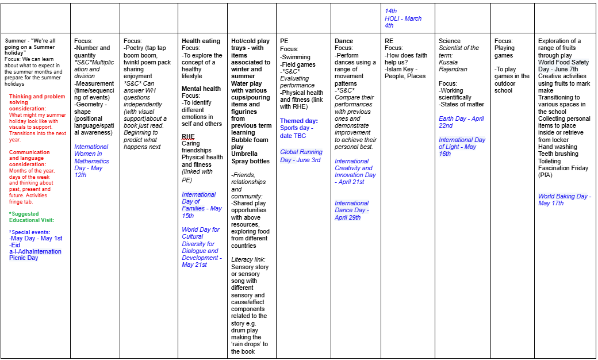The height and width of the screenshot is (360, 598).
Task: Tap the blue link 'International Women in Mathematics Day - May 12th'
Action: (x=91, y=161)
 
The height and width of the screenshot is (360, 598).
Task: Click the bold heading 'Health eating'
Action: (x=201, y=41)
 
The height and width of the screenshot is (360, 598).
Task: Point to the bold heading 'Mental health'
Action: (x=201, y=89)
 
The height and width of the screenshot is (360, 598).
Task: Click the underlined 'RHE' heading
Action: (x=188, y=137)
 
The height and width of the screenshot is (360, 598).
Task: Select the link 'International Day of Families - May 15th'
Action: (x=201, y=201)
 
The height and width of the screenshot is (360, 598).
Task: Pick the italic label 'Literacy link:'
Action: (x=248, y=260)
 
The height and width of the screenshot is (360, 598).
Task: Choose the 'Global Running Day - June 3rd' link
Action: (x=301, y=156)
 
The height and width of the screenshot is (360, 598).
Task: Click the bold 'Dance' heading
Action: (x=344, y=41)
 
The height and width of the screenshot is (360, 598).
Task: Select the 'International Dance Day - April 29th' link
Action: (x=351, y=210)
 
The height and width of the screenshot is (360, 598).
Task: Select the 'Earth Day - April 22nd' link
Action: (x=461, y=122)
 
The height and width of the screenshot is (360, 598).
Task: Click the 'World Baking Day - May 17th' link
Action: (x=564, y=200)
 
